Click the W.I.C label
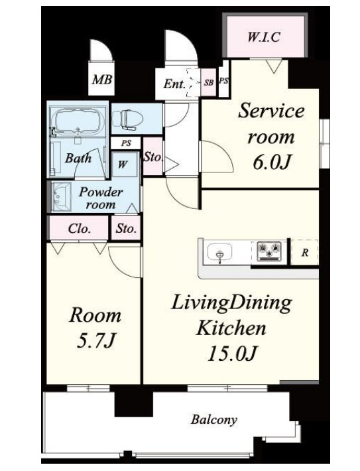pyautogui.click(x=264, y=37)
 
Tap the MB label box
pyautogui.click(x=101, y=81)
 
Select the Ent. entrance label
pyautogui.click(x=174, y=84)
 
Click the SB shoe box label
pyautogui.click(x=208, y=83)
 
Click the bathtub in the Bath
pyautogui.click(x=78, y=122)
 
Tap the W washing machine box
pyautogui.click(x=123, y=163)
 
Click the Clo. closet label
pyautogui.click(x=79, y=229)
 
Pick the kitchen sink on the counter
pyautogui.click(x=219, y=253)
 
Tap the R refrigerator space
pyautogui.click(x=304, y=253)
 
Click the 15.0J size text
pyautogui.click(x=231, y=354)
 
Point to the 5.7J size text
pyautogui.click(x=94, y=342)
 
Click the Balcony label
pyautogui.click(x=214, y=420)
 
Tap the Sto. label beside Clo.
pyautogui.click(x=126, y=230)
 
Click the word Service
pyautogui.click(x=271, y=111)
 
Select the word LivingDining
pyautogui.click(x=231, y=304)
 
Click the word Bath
pyautogui.click(x=78, y=159)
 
